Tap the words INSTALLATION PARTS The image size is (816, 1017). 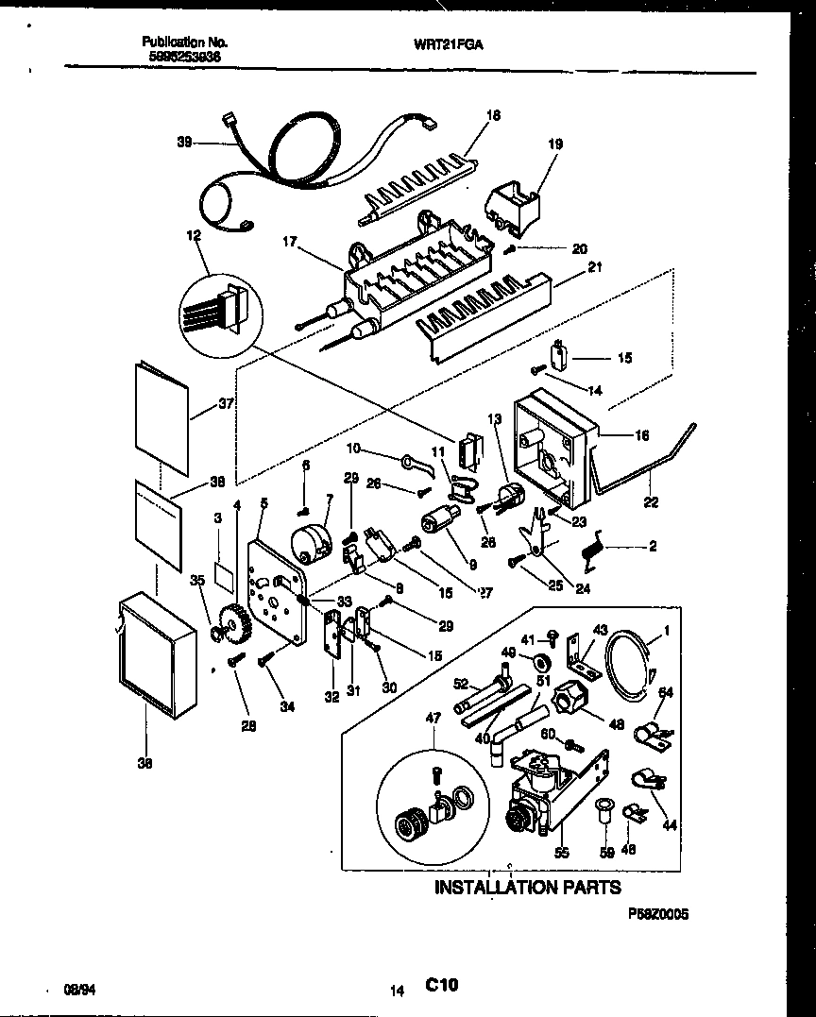click(527, 887)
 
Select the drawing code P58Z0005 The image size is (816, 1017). click(658, 915)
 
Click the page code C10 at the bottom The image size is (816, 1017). click(441, 985)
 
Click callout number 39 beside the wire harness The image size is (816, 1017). click(184, 143)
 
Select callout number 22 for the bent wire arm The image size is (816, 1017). click(651, 502)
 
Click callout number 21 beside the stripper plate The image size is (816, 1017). click(594, 267)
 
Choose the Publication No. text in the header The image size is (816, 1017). click(184, 42)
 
